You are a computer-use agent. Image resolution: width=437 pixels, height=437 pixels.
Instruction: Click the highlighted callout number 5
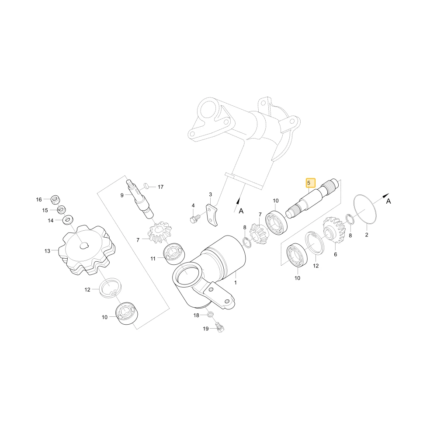pyautogui.click(x=309, y=183)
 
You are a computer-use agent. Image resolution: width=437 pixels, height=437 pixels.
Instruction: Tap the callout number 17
pyautogui.click(x=160, y=187)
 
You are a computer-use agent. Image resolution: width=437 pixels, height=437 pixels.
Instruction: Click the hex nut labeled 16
pyautogui.click(x=55, y=199)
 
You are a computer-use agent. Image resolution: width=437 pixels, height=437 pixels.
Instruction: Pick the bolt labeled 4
pyautogui.click(x=195, y=218)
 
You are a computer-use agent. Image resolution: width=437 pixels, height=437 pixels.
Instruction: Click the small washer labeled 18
pyautogui.click(x=211, y=314)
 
